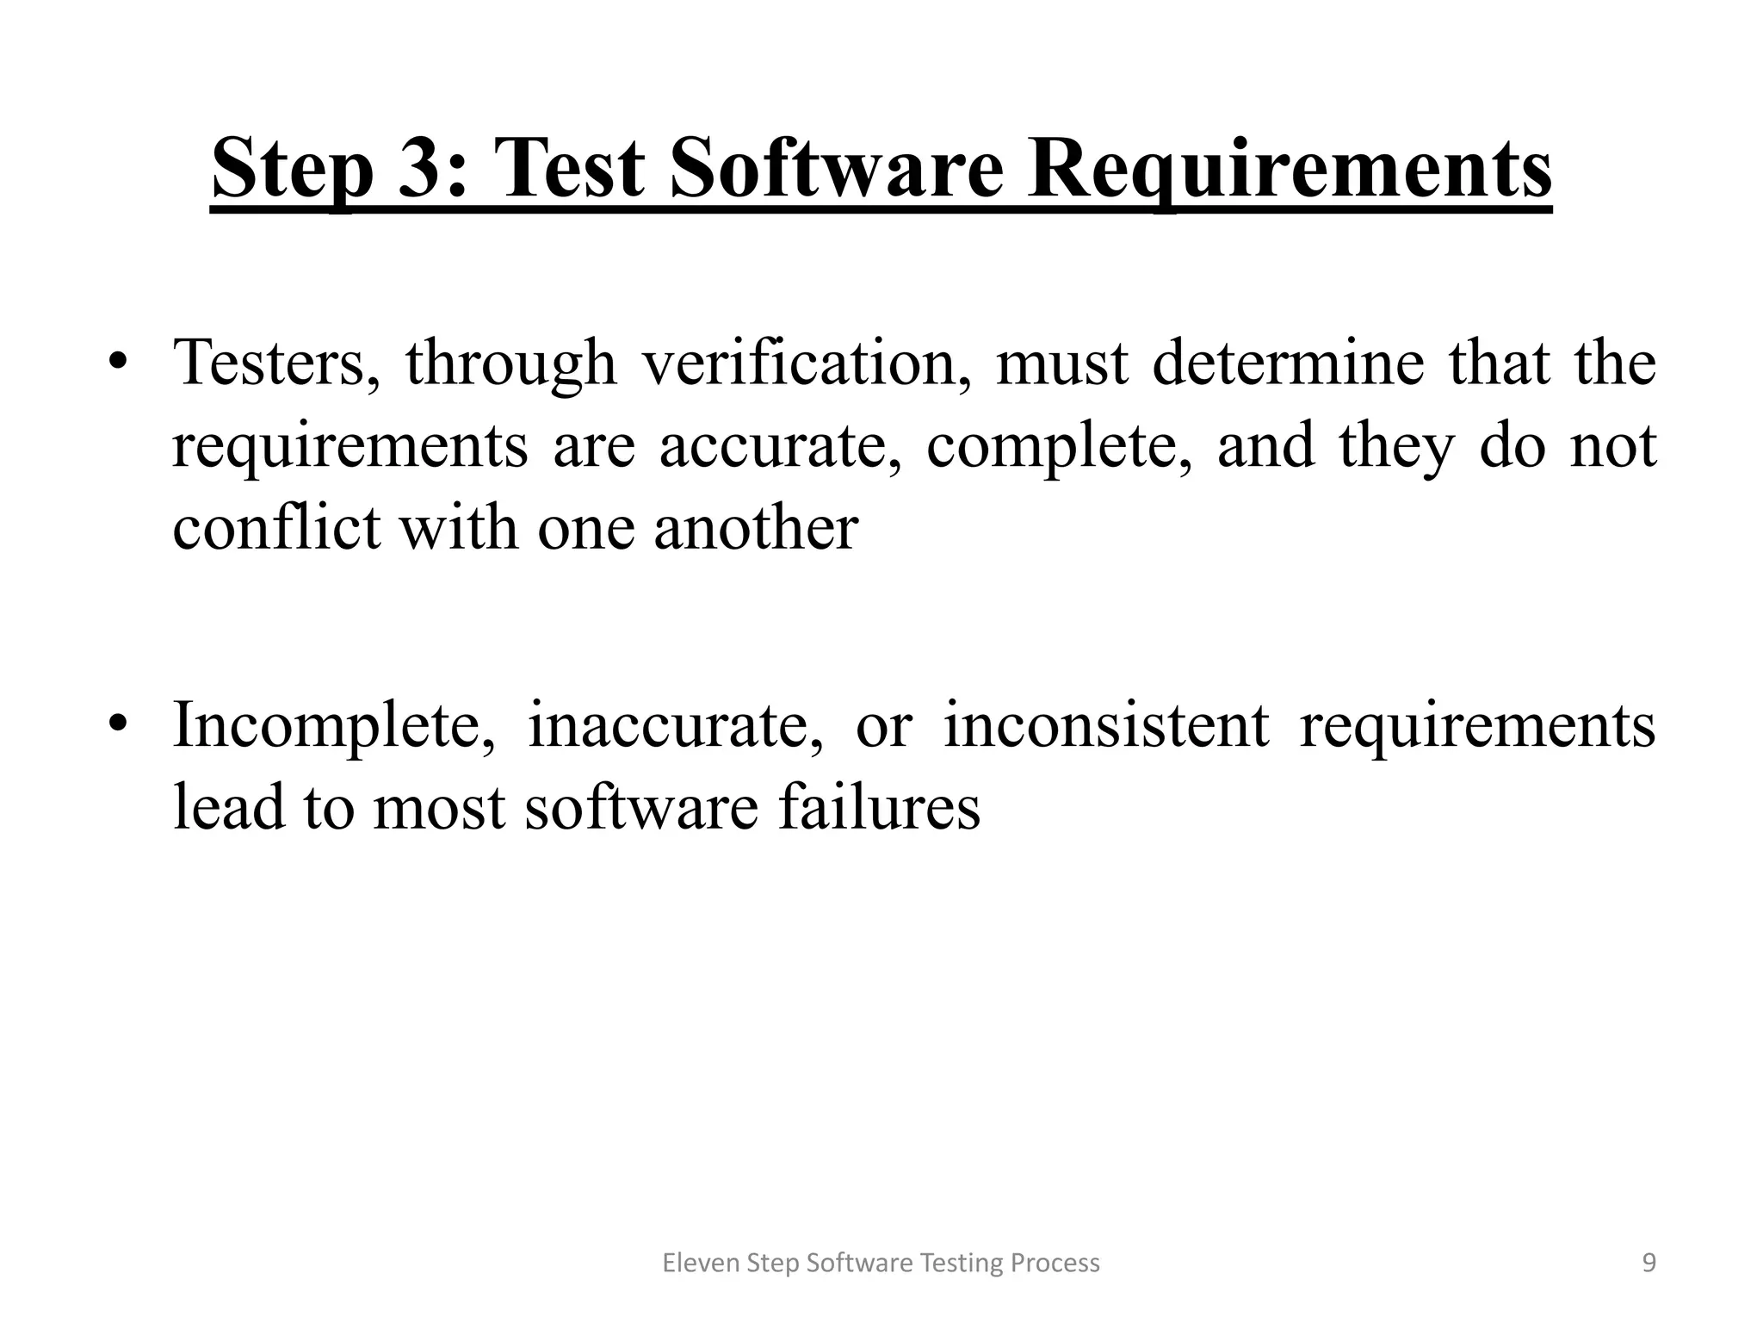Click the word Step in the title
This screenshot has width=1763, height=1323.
click(x=293, y=170)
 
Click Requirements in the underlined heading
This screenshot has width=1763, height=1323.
click(x=1290, y=170)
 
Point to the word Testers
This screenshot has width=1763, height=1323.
click(x=275, y=363)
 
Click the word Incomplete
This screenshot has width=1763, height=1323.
click(x=334, y=725)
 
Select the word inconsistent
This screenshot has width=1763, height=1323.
click(x=1106, y=725)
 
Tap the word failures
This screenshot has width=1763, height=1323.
click(x=879, y=807)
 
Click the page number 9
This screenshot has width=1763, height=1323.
click(x=1649, y=1263)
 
